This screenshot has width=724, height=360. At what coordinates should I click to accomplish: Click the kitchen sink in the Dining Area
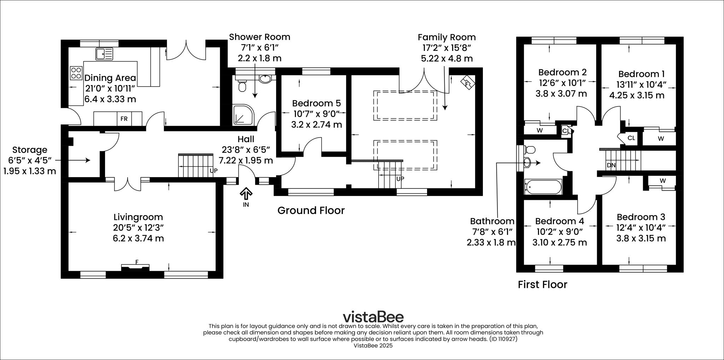pos(104,54)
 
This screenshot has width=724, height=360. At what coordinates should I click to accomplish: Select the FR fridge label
pos(124,119)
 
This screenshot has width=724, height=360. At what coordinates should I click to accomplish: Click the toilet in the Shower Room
pos(243,86)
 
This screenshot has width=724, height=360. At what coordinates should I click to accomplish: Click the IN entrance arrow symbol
pos(246,194)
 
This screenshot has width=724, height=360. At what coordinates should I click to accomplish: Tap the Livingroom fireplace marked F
pos(136,266)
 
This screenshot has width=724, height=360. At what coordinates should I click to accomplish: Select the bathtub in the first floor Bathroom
pos(543,187)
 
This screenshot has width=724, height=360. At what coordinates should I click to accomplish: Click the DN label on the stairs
pos(611,165)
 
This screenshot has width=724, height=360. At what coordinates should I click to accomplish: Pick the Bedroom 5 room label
pos(316,103)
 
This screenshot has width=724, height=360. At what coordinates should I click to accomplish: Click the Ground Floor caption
pos(311,210)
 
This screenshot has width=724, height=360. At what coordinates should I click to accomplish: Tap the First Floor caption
pos(542,284)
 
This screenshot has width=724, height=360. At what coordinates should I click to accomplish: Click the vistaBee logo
pos(373,316)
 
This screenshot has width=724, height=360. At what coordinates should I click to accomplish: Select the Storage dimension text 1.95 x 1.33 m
pos(30,171)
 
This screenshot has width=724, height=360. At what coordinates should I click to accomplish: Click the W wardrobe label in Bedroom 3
pos(662,181)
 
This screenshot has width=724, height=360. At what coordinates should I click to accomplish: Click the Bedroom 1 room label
pos(641,74)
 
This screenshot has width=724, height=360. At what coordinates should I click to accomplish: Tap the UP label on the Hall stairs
pos(214,170)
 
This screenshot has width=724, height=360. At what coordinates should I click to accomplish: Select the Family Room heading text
pos(446,37)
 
